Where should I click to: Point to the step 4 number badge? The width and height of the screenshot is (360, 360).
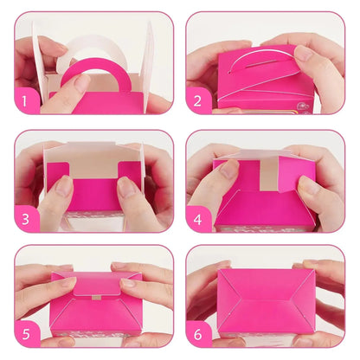pyautogui.click(x=199, y=219)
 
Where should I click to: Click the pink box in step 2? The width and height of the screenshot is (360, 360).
pyautogui.click(x=260, y=82)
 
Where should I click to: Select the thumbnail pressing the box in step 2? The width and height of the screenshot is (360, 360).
pyautogui.click(x=304, y=54)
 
